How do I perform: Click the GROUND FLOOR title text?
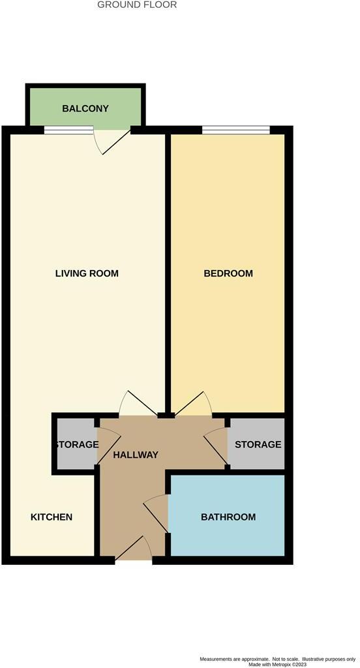pyautogui.click(x=137, y=5)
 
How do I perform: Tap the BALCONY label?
pyautogui.click(x=85, y=108)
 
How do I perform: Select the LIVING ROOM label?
pyautogui.click(x=87, y=273)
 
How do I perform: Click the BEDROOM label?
pyautogui.click(x=228, y=273)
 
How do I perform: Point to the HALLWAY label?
pyautogui.click(x=135, y=455)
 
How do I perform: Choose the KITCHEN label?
pyautogui.click(x=52, y=517)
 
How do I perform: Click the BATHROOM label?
pyautogui.click(x=228, y=517)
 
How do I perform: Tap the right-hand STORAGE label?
pyautogui.click(x=258, y=444)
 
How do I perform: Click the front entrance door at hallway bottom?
pyautogui.click(x=134, y=551)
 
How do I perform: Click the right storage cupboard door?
pyautogui.click(x=217, y=447)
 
